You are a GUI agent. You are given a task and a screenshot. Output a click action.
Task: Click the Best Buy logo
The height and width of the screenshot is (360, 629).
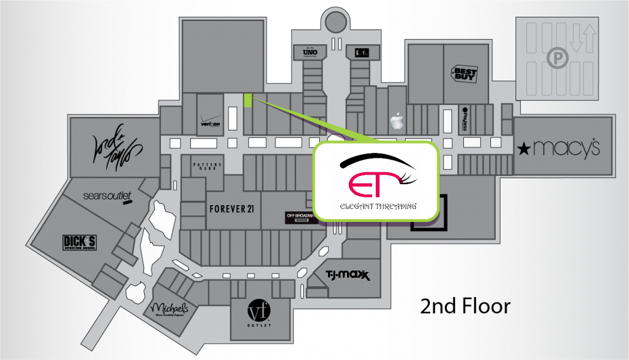464,75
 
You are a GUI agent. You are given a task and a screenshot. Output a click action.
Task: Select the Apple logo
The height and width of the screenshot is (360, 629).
396,122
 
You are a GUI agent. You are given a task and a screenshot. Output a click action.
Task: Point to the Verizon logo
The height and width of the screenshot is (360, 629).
209,122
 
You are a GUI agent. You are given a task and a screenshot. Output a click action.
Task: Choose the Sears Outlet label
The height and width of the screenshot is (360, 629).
107,197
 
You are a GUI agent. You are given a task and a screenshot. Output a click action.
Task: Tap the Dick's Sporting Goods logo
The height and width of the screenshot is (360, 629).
80,242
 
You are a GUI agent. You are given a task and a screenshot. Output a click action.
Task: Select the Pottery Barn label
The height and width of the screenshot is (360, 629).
208,166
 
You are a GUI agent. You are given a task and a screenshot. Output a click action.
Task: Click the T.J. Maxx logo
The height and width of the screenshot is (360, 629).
347,275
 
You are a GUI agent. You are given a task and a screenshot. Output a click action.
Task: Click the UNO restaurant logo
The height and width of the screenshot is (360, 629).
310,53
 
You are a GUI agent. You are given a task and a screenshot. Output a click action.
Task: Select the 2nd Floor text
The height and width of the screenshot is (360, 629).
465,306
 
